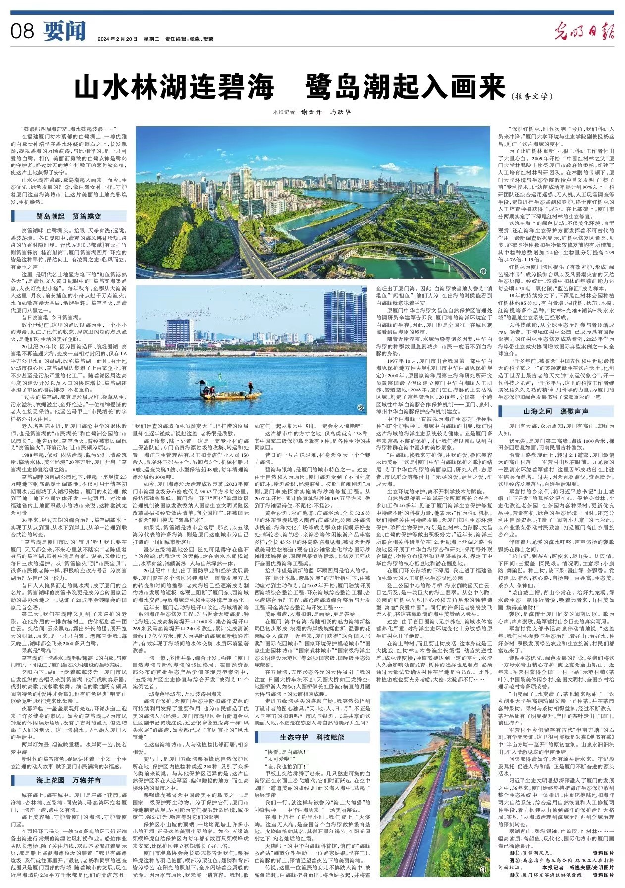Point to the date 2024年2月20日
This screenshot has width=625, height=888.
pos(117,39)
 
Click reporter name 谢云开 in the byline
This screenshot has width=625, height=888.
pos(312,112)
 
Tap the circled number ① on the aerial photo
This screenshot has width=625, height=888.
pos(483,272)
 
